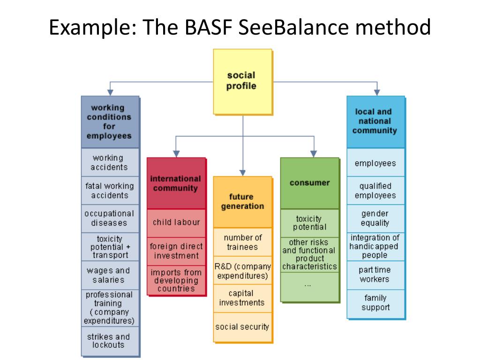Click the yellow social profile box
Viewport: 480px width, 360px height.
[x=243, y=82]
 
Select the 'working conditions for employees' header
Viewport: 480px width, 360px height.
[x=110, y=122]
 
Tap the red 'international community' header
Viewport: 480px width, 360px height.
[x=176, y=183]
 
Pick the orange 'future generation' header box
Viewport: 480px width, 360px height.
[x=243, y=202]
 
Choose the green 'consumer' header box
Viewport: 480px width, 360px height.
[x=310, y=183]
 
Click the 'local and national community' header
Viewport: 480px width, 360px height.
[x=376, y=122]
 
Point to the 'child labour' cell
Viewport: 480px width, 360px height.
[x=176, y=223]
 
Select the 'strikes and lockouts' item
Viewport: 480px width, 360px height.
[x=110, y=341]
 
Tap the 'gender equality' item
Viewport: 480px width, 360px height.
[x=376, y=218]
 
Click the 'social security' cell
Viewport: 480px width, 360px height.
[x=243, y=327]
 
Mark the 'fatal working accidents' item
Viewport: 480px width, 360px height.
[x=110, y=190]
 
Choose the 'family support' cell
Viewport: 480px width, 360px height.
[x=376, y=304]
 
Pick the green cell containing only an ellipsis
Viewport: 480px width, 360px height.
[x=310, y=287]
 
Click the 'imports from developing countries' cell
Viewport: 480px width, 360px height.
[x=176, y=280]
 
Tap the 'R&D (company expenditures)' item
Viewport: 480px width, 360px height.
[x=243, y=270]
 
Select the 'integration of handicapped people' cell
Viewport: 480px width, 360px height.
[x=376, y=247]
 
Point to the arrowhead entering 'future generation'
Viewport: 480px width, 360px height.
[x=242, y=173]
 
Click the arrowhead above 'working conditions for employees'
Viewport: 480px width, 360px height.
[x=110, y=92]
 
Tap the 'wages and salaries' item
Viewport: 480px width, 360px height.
[x=110, y=275]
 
